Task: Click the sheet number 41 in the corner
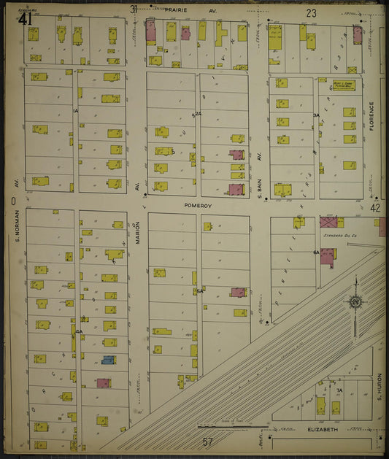tap(26, 19)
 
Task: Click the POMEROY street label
tap(197, 206)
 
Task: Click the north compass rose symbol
tap(355, 301)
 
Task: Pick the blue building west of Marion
tap(108, 360)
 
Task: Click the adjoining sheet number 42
tap(375, 208)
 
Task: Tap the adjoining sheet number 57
tap(207, 441)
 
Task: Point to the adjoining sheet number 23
tap(311, 13)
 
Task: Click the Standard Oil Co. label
tap(334, 236)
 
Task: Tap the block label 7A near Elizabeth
tap(339, 391)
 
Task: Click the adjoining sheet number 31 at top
tap(134, 9)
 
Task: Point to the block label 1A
tap(75, 110)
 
